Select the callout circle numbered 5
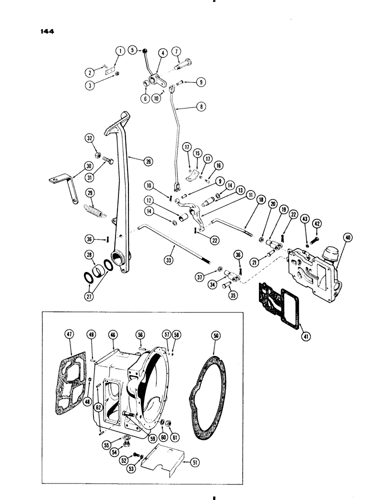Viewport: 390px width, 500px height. [132, 50]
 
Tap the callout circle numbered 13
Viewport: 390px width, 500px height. [240, 190]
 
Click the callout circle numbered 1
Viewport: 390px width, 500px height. [119, 50]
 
